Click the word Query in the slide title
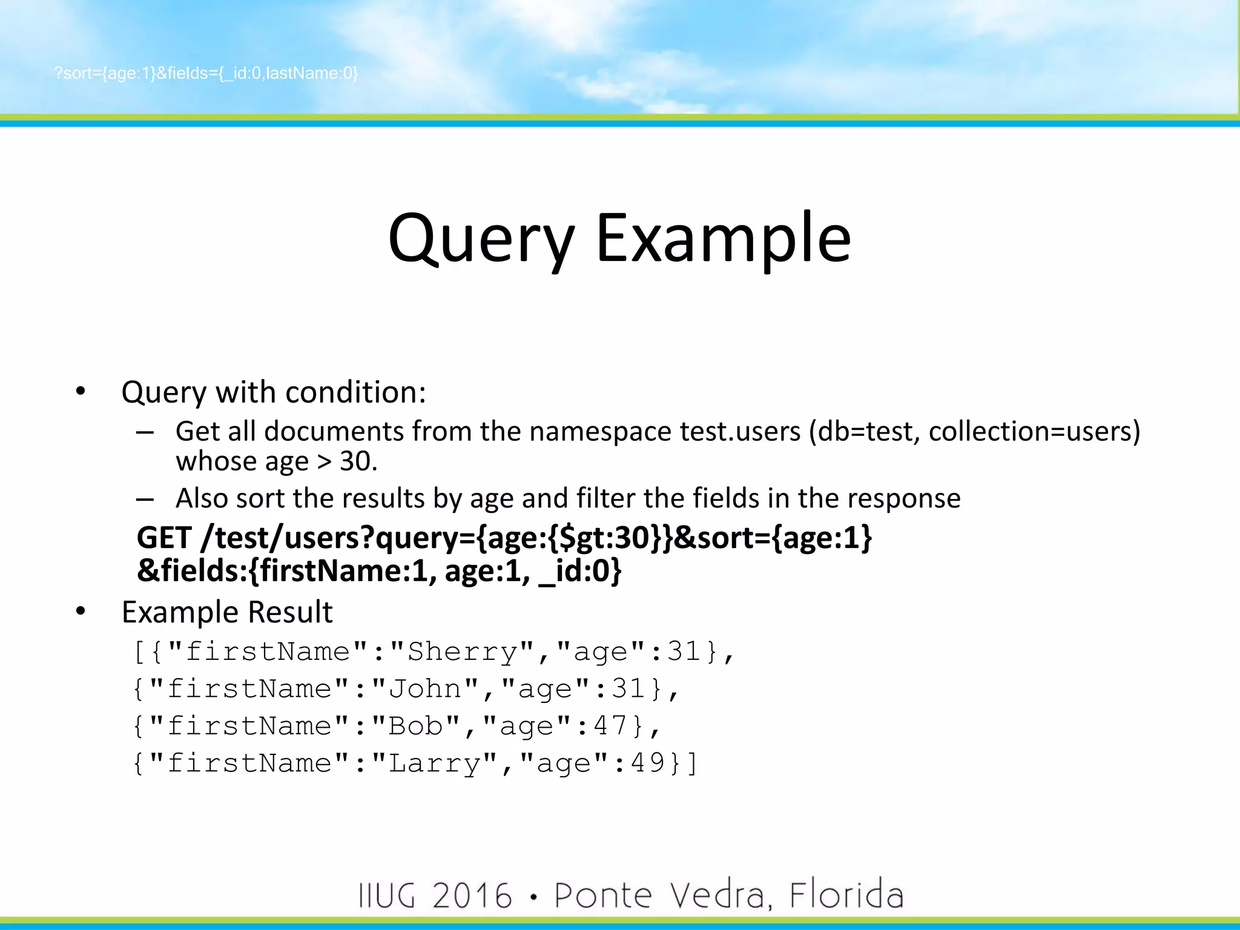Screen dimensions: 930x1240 coord(481,239)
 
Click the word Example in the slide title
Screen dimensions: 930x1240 coord(724,239)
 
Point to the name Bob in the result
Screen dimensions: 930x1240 coord(415,726)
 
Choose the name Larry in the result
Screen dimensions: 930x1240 coord(434,763)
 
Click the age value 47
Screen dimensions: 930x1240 coord(610,726)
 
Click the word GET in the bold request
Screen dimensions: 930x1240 coord(164,538)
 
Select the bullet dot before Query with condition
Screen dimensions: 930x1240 coord(81,392)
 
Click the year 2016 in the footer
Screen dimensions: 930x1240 coord(472,895)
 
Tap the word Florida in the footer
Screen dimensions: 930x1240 coord(846,895)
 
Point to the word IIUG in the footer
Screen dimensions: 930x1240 coord(387,895)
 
